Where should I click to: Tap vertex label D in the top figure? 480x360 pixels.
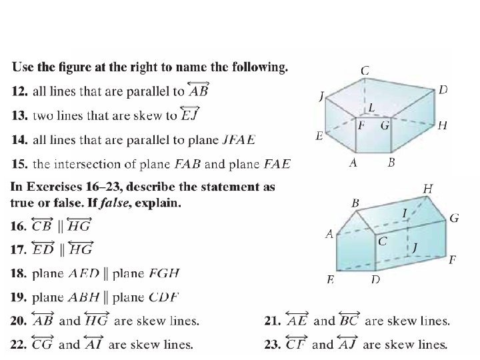[443, 89]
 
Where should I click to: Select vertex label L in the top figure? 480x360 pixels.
[371, 107]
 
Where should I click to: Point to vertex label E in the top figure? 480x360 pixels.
[319, 135]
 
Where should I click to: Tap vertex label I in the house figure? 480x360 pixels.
[405, 213]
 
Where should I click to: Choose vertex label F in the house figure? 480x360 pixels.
[453, 259]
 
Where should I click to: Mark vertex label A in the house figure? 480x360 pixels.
[329, 234]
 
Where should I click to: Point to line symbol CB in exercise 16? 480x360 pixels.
[42, 225]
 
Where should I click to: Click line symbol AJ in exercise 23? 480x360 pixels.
[353, 344]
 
